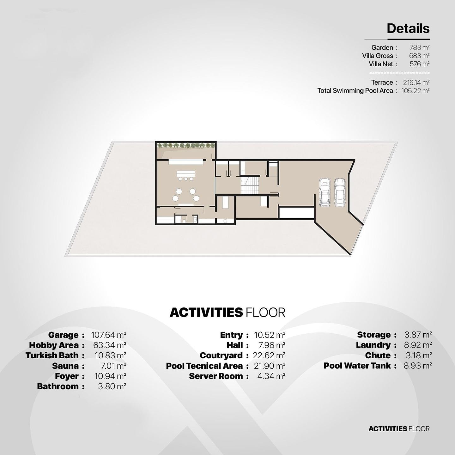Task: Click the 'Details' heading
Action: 408,28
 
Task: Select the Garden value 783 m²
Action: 419,47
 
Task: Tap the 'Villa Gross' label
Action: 378,56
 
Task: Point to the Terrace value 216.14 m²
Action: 416,82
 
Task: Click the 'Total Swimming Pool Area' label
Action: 355,91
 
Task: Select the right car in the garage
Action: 340,192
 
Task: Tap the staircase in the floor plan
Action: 250,185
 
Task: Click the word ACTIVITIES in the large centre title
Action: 206,312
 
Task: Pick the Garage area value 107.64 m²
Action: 109,335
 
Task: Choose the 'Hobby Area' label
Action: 54,345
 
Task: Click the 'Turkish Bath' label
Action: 52,355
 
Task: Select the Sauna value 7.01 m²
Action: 113,366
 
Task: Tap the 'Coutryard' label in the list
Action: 221,355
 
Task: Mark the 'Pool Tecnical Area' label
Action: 204,366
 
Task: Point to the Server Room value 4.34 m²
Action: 271,376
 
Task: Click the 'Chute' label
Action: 378,355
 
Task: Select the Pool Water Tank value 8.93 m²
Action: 418,366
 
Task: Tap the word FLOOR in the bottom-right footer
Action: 419,428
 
